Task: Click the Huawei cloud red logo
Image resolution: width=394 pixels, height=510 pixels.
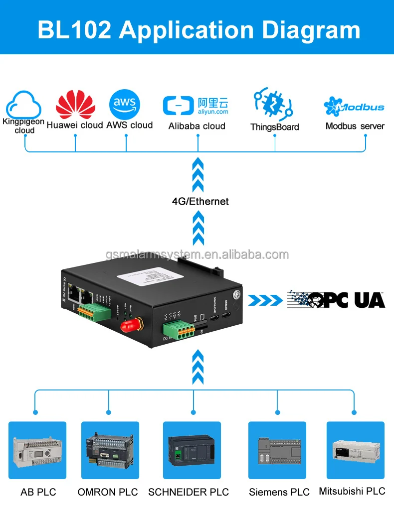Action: tap(75, 104)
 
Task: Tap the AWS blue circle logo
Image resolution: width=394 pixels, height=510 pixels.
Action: tap(125, 104)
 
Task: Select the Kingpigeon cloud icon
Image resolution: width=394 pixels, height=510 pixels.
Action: tap(23, 104)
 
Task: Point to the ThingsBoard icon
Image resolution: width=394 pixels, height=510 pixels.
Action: tap(272, 104)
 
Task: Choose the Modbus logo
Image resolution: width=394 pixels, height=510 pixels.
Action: tap(354, 106)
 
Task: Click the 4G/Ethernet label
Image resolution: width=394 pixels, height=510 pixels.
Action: tap(200, 201)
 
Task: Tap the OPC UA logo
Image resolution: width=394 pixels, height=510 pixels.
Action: tap(336, 299)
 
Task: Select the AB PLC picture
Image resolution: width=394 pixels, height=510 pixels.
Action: tap(37, 450)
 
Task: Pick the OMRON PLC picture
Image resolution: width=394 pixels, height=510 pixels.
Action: tap(110, 450)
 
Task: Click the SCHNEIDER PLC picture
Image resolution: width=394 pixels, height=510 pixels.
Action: tap(192, 450)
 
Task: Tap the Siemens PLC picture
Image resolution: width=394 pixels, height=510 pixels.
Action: tap(277, 450)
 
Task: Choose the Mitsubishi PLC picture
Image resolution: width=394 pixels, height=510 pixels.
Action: tap(355, 450)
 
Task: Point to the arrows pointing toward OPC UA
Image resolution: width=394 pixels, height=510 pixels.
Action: tap(265, 300)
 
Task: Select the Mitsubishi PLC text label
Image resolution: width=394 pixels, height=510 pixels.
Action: tap(352, 491)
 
